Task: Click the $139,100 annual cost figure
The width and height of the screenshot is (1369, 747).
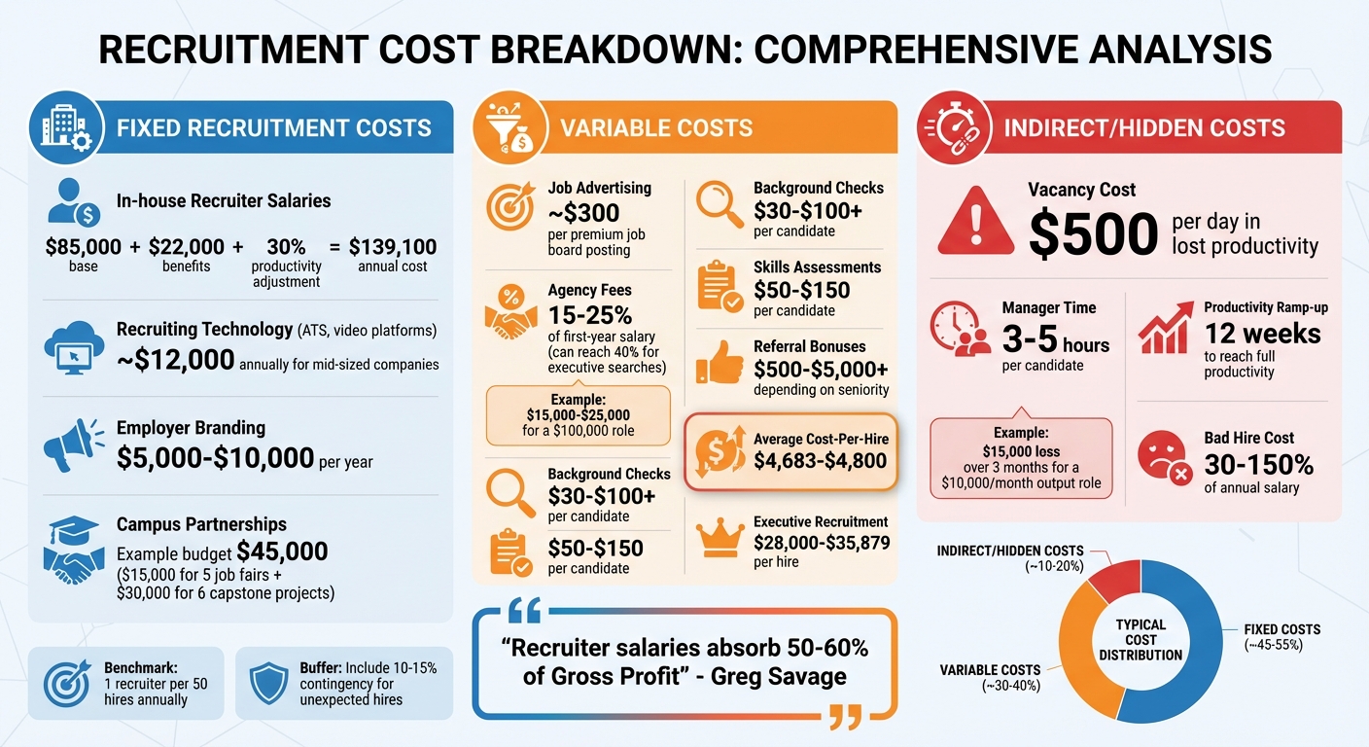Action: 393,247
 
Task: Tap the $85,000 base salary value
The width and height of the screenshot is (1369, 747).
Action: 84,247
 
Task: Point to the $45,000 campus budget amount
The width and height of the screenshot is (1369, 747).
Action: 282,551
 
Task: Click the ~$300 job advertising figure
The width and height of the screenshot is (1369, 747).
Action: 583,212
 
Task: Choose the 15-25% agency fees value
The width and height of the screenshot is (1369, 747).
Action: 589,314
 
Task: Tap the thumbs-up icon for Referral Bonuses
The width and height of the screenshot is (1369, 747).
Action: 720,365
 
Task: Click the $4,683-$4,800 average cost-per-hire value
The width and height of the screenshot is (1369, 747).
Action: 821,461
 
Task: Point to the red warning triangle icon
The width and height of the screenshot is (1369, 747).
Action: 974,222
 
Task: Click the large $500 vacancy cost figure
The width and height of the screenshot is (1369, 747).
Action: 1093,234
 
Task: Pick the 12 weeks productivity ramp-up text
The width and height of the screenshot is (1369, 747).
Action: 1262,334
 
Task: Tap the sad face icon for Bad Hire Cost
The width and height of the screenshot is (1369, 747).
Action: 1164,457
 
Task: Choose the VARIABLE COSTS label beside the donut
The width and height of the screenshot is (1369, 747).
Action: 989,670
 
